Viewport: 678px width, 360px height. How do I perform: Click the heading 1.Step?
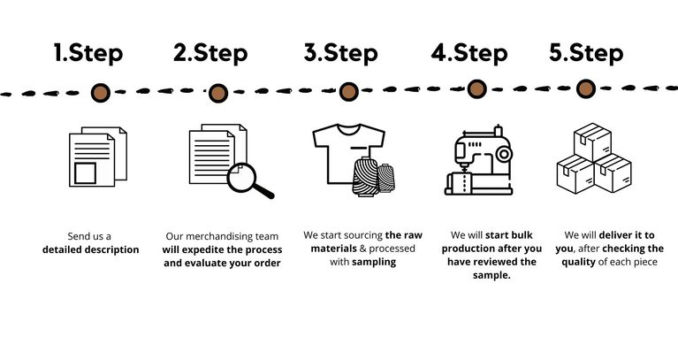[x=88, y=52]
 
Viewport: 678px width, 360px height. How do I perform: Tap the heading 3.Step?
[x=340, y=52]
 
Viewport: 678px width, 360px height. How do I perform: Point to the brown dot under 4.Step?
[x=476, y=88]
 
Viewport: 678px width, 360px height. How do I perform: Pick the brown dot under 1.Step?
[x=102, y=91]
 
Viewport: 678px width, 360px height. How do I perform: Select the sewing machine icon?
[x=478, y=164]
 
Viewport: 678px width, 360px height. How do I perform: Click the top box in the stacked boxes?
[x=593, y=142]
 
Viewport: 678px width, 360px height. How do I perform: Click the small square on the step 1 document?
[x=85, y=172]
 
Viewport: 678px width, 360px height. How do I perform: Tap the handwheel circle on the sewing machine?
[x=504, y=152]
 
